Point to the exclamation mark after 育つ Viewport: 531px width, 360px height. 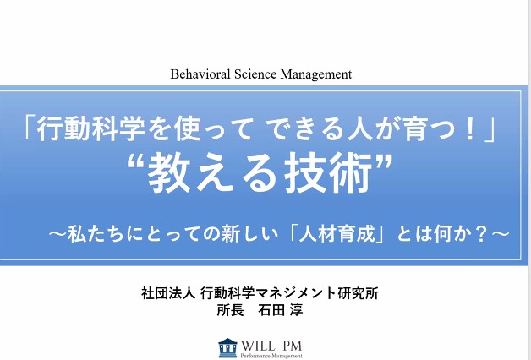point(470,129)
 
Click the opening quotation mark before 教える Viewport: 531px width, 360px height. point(136,162)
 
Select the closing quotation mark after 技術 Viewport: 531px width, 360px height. point(383,162)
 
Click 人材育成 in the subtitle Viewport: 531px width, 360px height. point(337,234)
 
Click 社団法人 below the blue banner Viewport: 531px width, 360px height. point(168,293)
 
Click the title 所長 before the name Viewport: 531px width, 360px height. point(230,310)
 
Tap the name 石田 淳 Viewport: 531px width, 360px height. point(281,310)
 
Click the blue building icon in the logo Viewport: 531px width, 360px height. point(227,348)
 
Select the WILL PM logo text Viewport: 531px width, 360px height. point(271,346)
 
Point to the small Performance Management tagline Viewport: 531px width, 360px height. point(271,356)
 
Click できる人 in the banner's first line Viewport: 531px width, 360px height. point(315,129)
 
